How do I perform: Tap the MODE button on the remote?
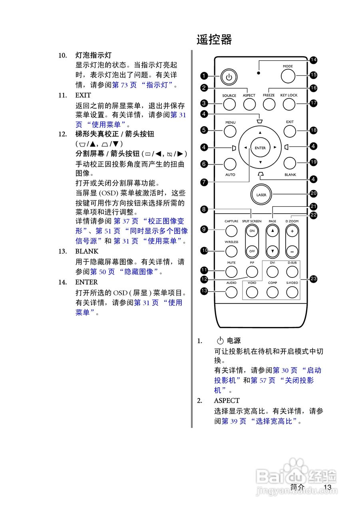288,76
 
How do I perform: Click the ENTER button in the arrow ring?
260,148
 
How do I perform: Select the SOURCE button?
229,104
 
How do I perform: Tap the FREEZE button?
269,104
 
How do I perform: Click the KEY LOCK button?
288,104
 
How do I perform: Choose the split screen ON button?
252,231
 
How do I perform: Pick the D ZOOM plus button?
292,231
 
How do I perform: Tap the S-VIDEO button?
292,292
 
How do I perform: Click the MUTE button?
231,272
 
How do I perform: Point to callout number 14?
313,60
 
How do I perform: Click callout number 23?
313,279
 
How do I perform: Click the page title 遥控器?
214,40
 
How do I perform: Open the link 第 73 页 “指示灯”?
144,85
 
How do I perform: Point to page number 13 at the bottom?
328,487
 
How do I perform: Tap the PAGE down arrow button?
272,252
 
